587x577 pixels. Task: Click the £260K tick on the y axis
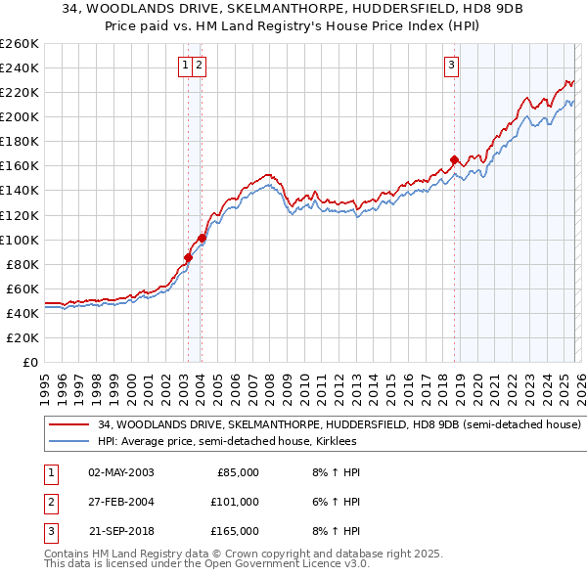tap(20, 44)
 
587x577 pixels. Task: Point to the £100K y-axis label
tap(20, 240)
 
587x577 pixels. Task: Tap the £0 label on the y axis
tap(29, 363)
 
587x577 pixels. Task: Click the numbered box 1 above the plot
tap(185, 66)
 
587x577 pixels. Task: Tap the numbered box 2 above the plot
tap(199, 66)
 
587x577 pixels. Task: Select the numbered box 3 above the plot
tap(452, 66)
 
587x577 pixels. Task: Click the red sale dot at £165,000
tap(454, 159)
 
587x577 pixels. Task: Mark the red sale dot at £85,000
tap(188, 258)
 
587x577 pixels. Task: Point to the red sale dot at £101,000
tap(202, 238)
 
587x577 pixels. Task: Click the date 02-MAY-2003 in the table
tap(120, 472)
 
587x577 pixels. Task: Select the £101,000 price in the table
tap(234, 502)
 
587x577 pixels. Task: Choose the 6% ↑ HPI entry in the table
tap(333, 502)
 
